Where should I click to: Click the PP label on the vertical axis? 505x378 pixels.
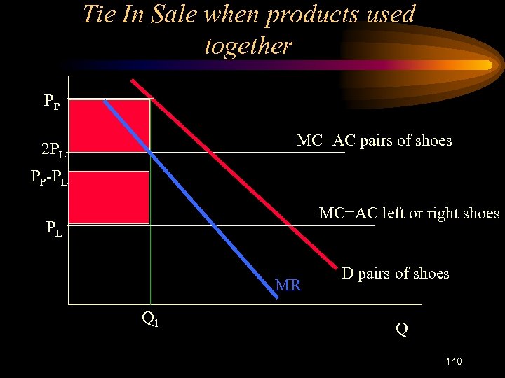point(51,101)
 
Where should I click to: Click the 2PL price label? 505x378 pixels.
point(53,150)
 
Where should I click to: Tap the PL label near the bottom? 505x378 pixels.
point(53,228)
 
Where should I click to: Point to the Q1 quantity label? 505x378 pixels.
point(149,318)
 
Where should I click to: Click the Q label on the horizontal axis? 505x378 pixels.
point(401,328)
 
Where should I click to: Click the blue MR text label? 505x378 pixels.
point(288,285)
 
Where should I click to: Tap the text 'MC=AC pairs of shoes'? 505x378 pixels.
point(374,141)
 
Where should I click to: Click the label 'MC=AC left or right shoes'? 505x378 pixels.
point(409,213)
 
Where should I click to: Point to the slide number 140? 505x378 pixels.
point(453,361)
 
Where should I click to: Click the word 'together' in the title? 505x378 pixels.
point(248,46)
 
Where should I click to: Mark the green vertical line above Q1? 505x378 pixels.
point(150,266)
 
